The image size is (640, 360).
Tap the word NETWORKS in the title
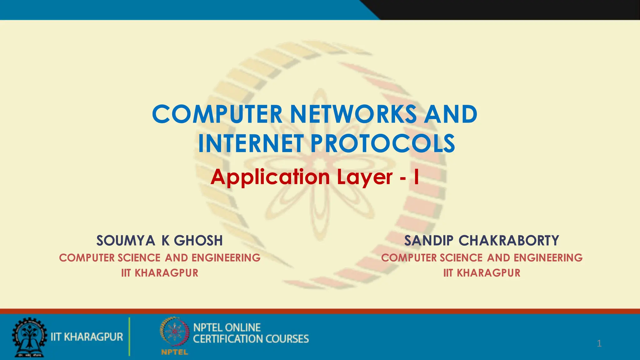tap(353, 114)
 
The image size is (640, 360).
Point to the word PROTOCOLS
tap(382, 143)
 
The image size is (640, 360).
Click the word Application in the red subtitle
tap(270, 177)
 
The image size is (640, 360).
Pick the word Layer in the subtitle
tap(365, 177)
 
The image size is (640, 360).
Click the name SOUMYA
tap(125, 241)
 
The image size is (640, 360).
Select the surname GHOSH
tap(198, 241)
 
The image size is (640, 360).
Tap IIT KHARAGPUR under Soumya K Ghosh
tap(160, 273)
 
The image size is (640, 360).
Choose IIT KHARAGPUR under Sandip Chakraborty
tap(482, 273)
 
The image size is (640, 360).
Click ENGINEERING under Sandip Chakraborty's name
tap(548, 258)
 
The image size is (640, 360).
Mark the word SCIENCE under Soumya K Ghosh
tap(139, 258)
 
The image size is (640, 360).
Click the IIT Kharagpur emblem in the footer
tap(29, 338)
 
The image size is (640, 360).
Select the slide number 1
tap(599, 344)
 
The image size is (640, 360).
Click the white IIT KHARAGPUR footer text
tap(87, 337)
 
